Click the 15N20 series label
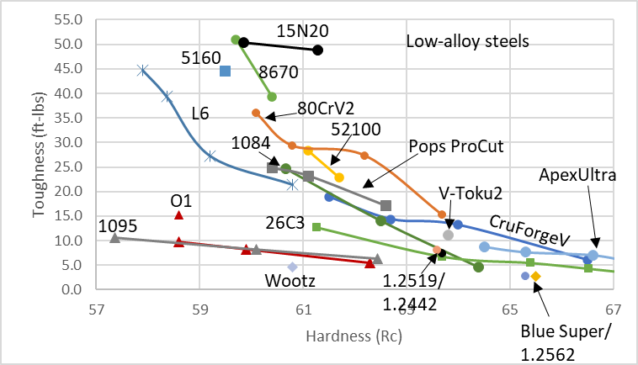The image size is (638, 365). point(302,30)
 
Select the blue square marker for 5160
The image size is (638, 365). point(225,71)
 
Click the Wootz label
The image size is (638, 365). point(287,279)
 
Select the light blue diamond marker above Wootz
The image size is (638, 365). point(292,267)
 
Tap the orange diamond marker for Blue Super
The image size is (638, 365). point(535,276)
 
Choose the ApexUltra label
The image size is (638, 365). point(578,176)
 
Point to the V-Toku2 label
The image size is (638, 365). point(470,193)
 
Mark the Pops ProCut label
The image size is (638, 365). point(456,146)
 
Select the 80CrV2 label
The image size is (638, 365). point(326,108)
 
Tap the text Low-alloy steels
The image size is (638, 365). point(466,40)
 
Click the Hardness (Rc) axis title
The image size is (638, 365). point(354,337)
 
